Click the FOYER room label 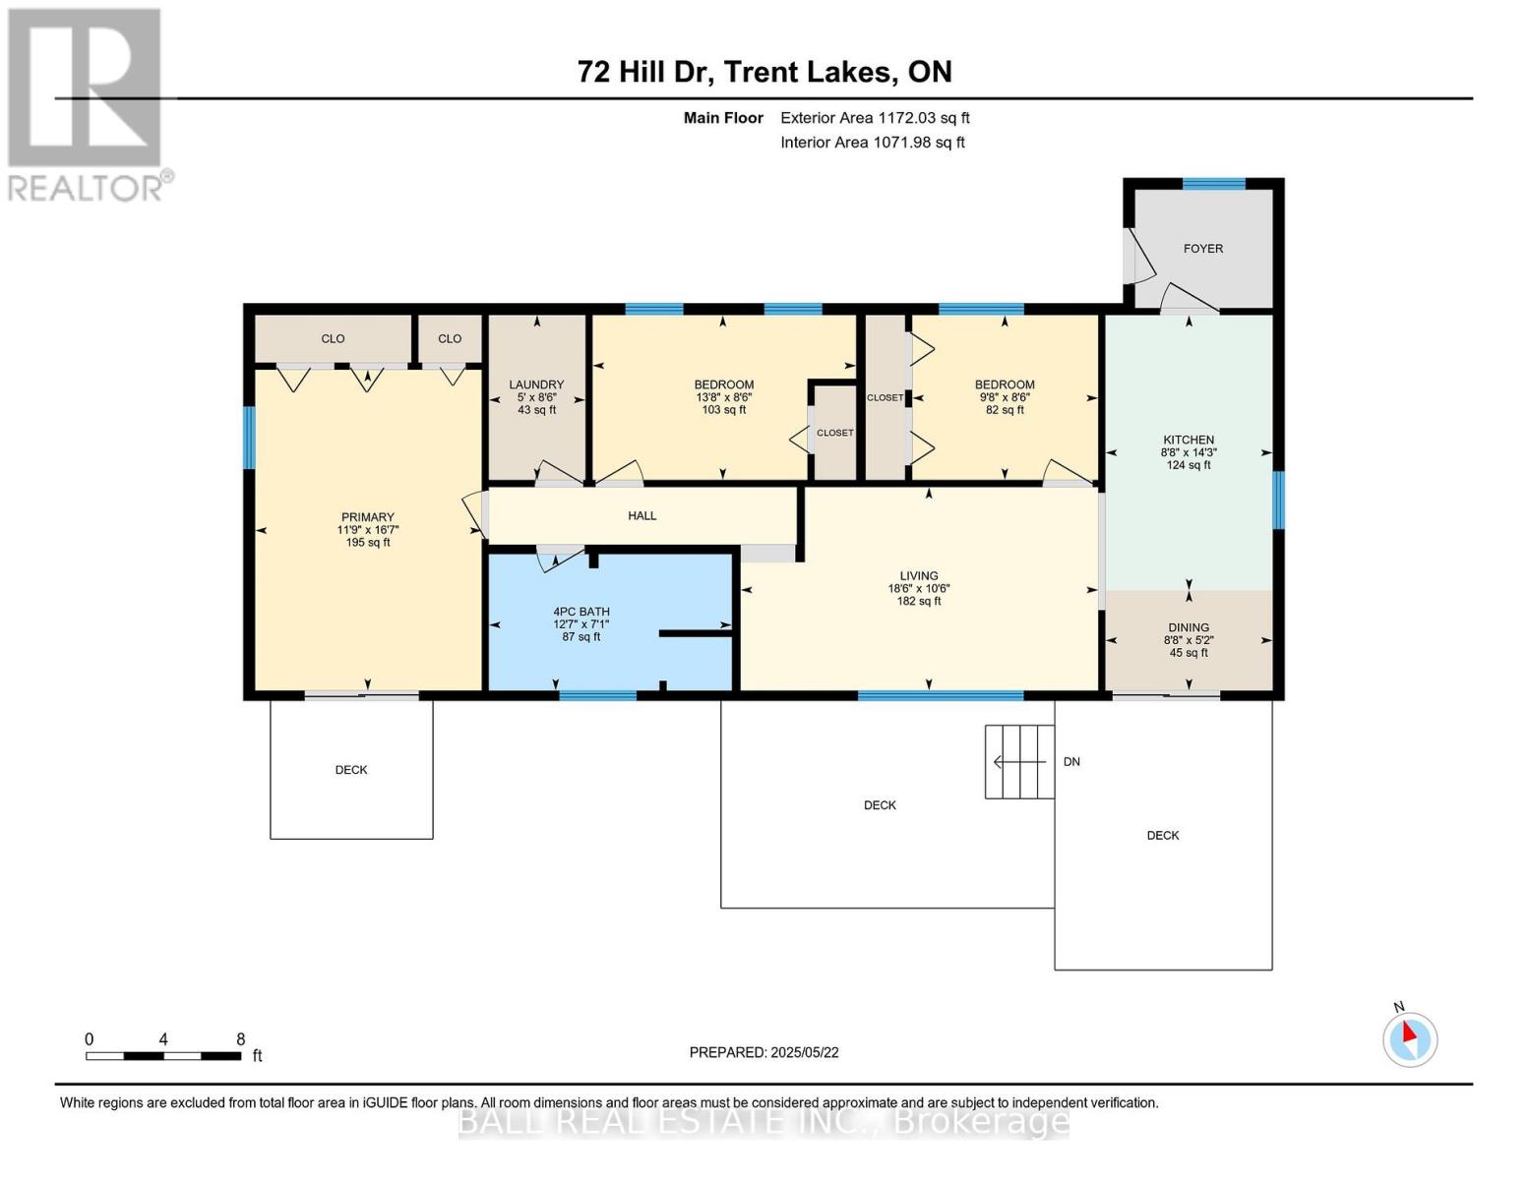1202,248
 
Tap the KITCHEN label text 1189,440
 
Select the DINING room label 1189,627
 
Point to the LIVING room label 918,575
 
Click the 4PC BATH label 581,612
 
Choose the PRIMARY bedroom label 367,516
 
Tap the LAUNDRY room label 536,384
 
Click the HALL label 642,515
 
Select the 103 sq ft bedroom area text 723,410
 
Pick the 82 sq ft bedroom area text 1005,410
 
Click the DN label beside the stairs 1071,762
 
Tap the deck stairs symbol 1019,762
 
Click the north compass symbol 1409,1038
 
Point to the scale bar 163,1055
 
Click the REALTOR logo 88,104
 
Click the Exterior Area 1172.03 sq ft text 875,118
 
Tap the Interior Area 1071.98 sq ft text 873,142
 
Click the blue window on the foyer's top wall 1214,184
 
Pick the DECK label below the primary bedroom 351,770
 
